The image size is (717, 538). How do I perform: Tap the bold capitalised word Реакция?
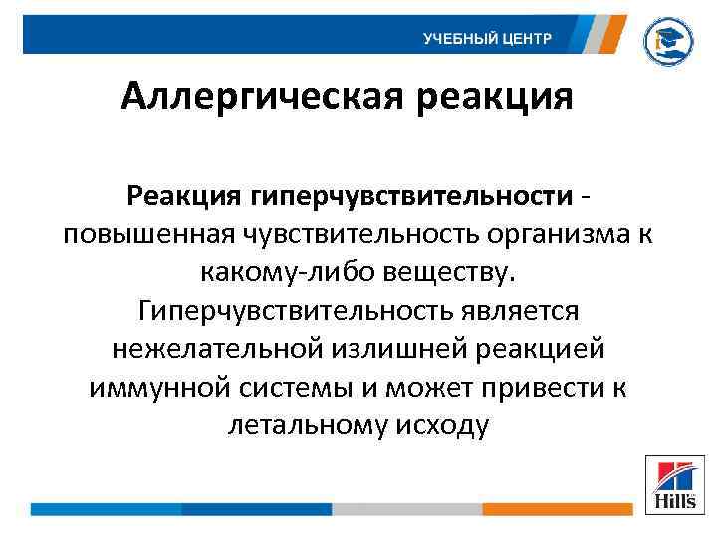point(195,196)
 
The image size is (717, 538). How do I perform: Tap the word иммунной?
point(151,388)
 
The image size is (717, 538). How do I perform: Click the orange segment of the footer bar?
point(558,509)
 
